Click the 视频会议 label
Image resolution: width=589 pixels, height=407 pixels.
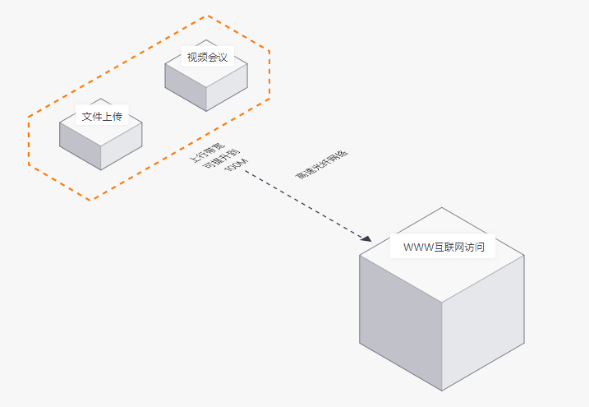point(207,57)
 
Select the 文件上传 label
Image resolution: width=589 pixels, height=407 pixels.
point(102,116)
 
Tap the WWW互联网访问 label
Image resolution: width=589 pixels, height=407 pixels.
point(444,247)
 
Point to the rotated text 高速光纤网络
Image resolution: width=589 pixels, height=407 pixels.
point(321,164)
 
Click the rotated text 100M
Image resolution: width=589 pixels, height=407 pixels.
point(236,165)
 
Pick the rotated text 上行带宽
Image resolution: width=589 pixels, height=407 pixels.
point(208,153)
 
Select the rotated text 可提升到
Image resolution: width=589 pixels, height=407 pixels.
point(221,159)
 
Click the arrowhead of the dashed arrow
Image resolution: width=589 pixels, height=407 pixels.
point(366,238)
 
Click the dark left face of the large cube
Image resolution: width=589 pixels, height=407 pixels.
point(400,323)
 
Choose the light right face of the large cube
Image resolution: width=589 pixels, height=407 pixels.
point(483,323)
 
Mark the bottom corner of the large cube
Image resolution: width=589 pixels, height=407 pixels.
point(442,391)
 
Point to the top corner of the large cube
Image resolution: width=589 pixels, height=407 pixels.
point(442,207)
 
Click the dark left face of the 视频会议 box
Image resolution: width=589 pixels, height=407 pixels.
point(186,87)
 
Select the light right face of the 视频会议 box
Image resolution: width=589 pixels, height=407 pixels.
point(227,87)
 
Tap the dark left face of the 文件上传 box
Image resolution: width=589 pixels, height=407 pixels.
point(80,146)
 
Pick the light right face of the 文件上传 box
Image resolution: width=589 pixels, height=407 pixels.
point(122,146)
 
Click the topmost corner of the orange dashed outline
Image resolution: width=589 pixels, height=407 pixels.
point(208,16)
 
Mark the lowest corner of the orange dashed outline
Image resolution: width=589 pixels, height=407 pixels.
point(90,201)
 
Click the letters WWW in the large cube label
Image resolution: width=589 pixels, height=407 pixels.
point(419,247)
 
